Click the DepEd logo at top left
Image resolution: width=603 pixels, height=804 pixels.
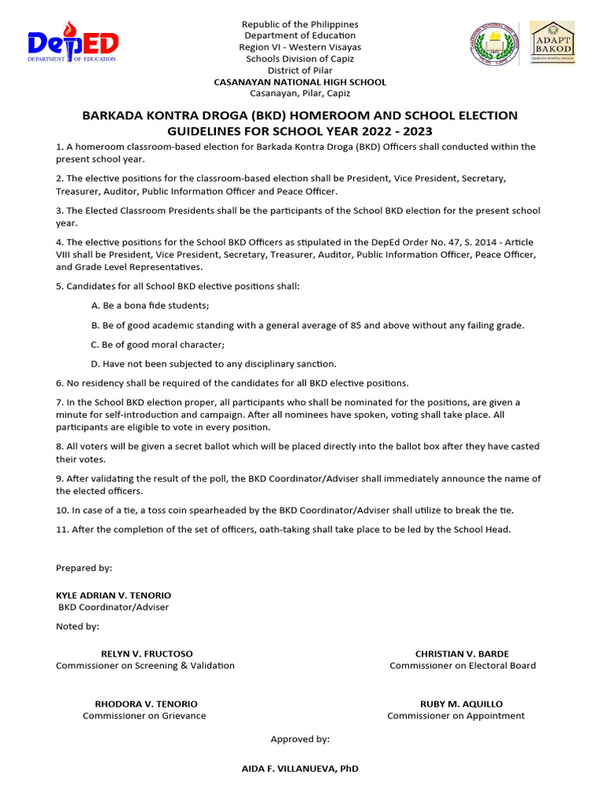coord(72,42)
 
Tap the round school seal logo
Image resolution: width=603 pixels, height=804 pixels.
coord(493,44)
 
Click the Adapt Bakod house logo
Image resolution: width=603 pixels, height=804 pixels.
coord(553,42)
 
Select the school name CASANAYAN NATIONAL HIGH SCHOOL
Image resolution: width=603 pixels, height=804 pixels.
coord(300,82)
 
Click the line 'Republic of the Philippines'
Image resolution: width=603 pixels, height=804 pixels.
coord(300,25)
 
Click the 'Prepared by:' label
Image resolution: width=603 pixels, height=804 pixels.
coord(84,568)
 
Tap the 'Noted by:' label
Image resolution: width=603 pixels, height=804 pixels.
coord(78,627)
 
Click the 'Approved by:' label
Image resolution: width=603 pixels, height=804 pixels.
coord(300,740)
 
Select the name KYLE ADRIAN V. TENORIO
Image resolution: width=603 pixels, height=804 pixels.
coord(113,596)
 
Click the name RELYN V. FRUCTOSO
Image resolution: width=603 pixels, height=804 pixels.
coord(147,654)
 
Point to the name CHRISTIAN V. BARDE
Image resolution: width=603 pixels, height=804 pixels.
coord(462,654)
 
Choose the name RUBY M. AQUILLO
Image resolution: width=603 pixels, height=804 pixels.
coord(462,704)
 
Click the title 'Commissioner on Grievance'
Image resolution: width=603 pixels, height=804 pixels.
coord(144,716)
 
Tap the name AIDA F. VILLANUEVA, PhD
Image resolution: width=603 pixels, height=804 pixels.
coord(300,769)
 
